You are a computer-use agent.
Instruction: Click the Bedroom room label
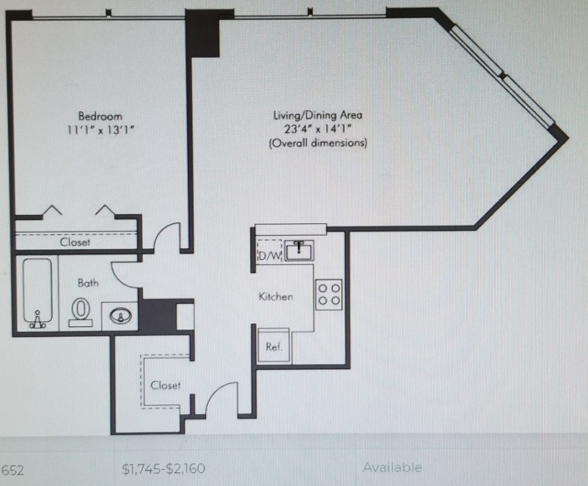click(x=100, y=116)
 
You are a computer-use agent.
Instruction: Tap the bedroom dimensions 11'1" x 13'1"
click(x=101, y=130)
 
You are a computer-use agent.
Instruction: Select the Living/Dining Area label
click(x=318, y=114)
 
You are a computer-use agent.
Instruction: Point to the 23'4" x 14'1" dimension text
click(x=318, y=129)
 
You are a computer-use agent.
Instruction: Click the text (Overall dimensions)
click(x=318, y=143)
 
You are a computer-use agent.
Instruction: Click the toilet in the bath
click(x=81, y=312)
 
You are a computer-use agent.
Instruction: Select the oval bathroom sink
click(x=120, y=316)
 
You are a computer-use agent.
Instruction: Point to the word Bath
click(x=88, y=282)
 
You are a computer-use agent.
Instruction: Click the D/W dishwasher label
click(x=270, y=256)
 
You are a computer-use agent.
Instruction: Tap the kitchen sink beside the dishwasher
click(x=299, y=250)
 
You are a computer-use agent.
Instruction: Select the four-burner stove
click(x=329, y=295)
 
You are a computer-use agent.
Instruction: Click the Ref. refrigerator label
click(x=274, y=347)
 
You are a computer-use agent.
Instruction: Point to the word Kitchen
click(x=276, y=296)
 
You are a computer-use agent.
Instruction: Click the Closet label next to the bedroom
click(x=75, y=242)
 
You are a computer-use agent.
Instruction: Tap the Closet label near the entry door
click(x=165, y=385)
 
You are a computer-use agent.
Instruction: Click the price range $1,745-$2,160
click(x=163, y=469)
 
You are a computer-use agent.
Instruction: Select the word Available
click(x=393, y=467)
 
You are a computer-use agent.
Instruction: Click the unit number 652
click(x=13, y=470)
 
